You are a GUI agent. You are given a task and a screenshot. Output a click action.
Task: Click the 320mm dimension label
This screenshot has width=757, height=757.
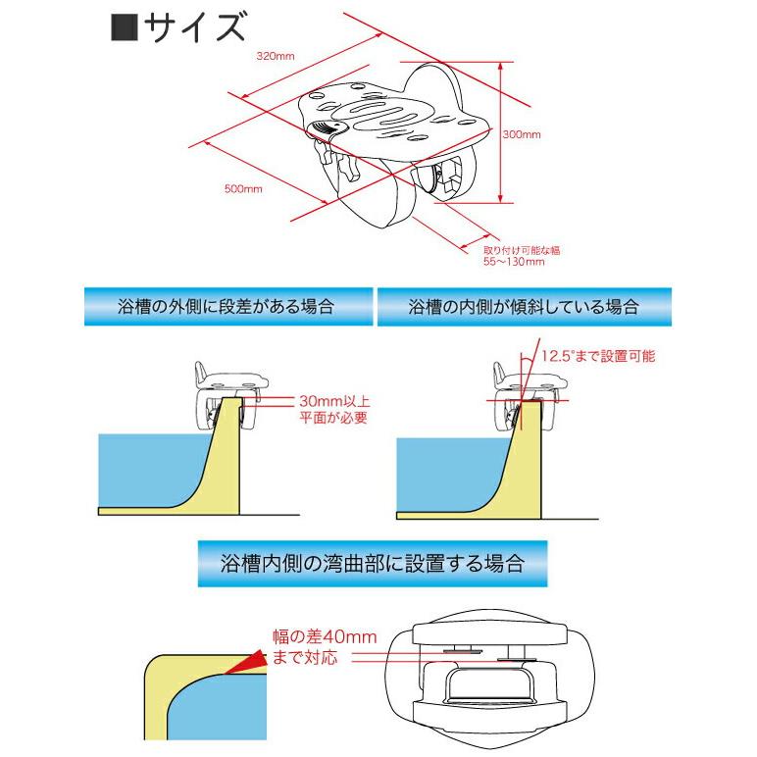click(277, 56)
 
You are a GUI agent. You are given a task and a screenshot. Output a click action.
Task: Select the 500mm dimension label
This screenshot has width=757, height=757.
click(243, 188)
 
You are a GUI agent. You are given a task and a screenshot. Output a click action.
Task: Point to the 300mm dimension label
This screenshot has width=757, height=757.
click(522, 134)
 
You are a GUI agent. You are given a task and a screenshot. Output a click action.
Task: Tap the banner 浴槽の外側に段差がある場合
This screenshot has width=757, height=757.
click(230, 306)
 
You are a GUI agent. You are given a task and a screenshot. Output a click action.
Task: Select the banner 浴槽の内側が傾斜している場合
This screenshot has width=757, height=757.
click(524, 306)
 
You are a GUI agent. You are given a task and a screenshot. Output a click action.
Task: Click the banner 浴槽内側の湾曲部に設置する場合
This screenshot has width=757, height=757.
click(373, 564)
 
